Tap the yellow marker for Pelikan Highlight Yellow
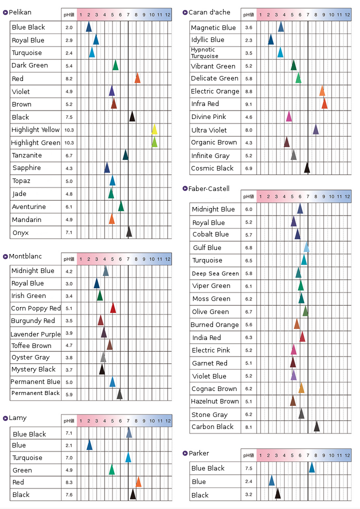pyautogui.click(x=154, y=129)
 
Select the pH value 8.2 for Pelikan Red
pyautogui.click(x=69, y=78)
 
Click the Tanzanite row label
pyautogui.click(x=27, y=155)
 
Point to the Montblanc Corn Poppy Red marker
pyautogui.click(x=113, y=308)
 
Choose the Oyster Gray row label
pyautogui.click(x=30, y=357)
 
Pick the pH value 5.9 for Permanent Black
pyautogui.click(x=69, y=394)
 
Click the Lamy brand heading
pyautogui.click(x=17, y=417)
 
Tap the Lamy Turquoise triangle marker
pyautogui.click(x=128, y=457)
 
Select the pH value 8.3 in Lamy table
pyautogui.click(x=69, y=482)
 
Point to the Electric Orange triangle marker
pyautogui.click(x=322, y=91)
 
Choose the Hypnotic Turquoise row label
pyautogui.click(x=204, y=52)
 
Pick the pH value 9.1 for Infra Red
pyautogui.click(x=248, y=104)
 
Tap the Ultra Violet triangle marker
pyautogui.click(x=316, y=129)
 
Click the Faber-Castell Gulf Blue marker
pyautogui.click(x=306, y=247)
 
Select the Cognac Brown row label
pyautogui.click(x=214, y=388)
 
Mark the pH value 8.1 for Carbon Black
pyautogui.click(x=248, y=427)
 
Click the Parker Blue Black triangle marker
pyautogui.click(x=311, y=468)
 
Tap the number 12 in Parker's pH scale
pyautogui.click(x=347, y=455)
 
